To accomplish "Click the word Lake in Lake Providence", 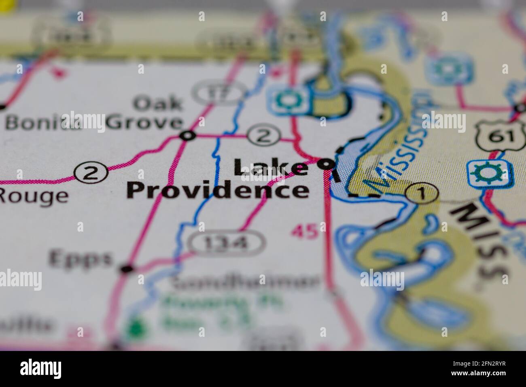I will [x=270, y=167].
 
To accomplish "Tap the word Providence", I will [x=218, y=190].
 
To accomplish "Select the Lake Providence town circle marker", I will [x=326, y=164].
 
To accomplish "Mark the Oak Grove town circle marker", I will [x=188, y=136].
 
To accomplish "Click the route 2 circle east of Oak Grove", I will [x=263, y=136].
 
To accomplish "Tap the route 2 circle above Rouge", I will [x=91, y=173].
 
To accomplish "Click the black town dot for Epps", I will [x=127, y=268].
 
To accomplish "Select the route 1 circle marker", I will [x=422, y=194].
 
